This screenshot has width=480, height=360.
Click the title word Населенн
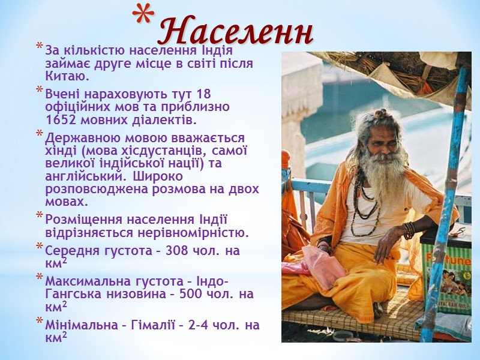click(x=237, y=31)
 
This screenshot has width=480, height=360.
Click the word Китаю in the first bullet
click(x=67, y=76)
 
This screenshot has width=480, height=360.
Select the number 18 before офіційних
click(x=203, y=94)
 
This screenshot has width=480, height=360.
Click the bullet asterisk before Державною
click(x=40, y=135)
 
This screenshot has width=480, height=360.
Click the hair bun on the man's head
click(x=381, y=113)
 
